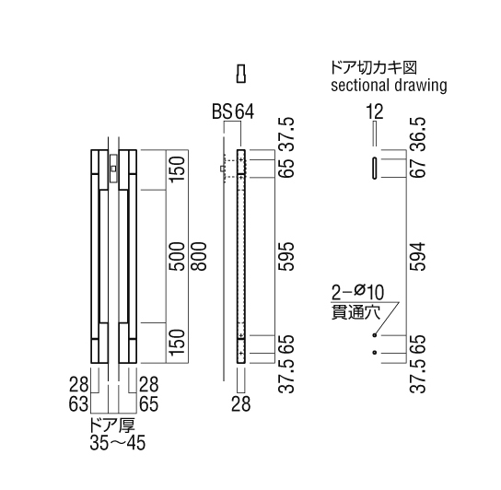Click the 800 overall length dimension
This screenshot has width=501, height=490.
pos(200,256)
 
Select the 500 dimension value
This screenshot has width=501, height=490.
pos(178,256)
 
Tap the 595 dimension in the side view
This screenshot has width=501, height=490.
pos(286,256)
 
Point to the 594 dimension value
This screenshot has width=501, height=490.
pos(418,256)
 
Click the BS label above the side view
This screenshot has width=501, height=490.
pos(222,111)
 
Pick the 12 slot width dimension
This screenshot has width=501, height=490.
pos(375,111)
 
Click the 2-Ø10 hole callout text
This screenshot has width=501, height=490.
pos(357,292)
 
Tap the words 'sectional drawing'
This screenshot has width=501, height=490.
pos(389,86)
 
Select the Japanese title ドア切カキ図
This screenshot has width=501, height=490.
pos(374,68)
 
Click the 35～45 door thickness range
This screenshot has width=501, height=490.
pos(118,443)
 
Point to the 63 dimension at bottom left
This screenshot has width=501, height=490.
pos(78,404)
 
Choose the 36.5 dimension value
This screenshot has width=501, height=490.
pos(418,134)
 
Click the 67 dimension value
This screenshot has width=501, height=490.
pos(418,169)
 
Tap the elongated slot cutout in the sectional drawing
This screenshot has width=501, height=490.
pos(375,169)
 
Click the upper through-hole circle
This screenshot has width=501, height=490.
pos(375,335)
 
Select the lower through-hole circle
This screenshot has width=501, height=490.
pos(375,353)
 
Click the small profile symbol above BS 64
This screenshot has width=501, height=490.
pos(241,74)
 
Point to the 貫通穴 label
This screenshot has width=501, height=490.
pos(355,311)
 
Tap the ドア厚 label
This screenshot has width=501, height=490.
pos(112,426)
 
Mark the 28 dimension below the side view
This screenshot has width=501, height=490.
pos(241,404)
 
